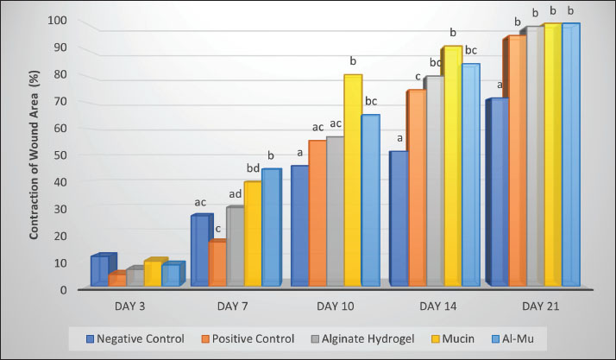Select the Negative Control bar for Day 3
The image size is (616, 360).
(99, 270)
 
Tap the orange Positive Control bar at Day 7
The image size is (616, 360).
(217, 262)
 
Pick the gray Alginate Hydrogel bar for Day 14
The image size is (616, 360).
(434, 180)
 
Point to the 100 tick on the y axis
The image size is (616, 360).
(58, 20)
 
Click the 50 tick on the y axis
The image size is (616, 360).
(61, 155)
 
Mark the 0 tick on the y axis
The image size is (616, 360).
(64, 289)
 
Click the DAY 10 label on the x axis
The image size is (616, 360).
(336, 306)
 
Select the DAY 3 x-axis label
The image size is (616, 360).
(135, 306)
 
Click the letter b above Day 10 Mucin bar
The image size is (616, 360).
(352, 61)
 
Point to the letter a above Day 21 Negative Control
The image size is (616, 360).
(500, 85)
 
